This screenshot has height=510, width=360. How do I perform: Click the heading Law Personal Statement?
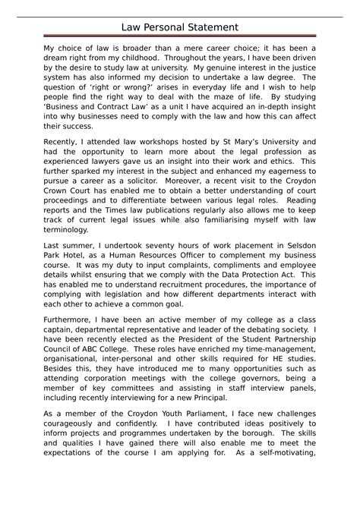180,27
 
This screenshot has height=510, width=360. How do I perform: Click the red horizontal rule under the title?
180,36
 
